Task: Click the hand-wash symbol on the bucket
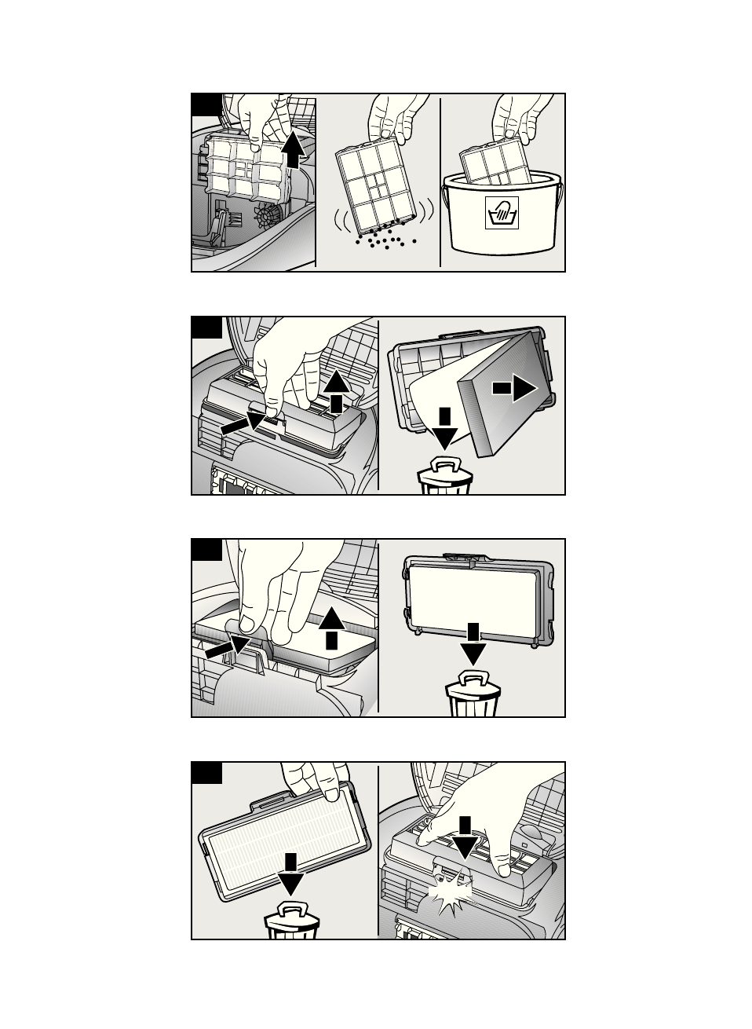(x=502, y=214)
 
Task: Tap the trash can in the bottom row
(x=292, y=922)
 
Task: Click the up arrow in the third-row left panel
(x=331, y=626)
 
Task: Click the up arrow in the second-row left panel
(x=336, y=391)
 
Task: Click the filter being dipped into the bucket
(x=494, y=164)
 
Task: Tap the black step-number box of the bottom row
(x=206, y=772)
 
